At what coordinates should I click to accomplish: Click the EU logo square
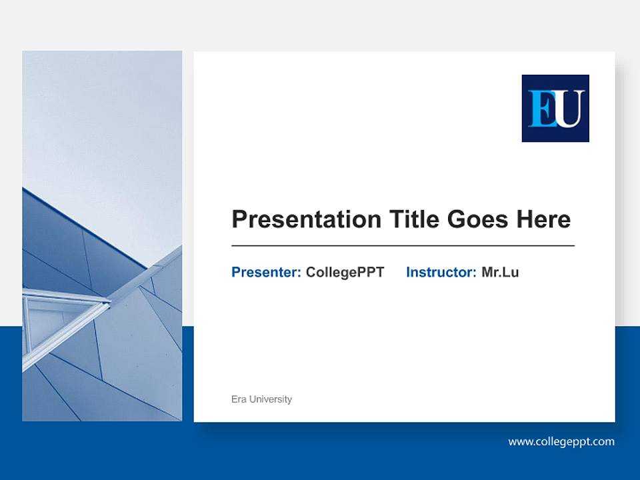coord(555,108)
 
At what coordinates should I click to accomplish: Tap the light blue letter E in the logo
coord(541,109)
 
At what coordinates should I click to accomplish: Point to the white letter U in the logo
coord(569,109)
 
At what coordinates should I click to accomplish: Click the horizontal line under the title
coord(403,246)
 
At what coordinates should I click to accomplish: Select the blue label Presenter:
coord(266,272)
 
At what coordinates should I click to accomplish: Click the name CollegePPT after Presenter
coord(345,272)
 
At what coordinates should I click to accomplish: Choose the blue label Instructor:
coord(441,272)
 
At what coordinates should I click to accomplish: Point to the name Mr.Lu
coord(500,272)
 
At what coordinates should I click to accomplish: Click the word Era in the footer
coord(239,399)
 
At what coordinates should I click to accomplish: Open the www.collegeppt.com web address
coord(561,441)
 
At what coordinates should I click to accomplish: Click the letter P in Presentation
coord(239,219)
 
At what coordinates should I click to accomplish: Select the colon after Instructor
coord(474,273)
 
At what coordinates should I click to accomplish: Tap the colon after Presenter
coord(299,273)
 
